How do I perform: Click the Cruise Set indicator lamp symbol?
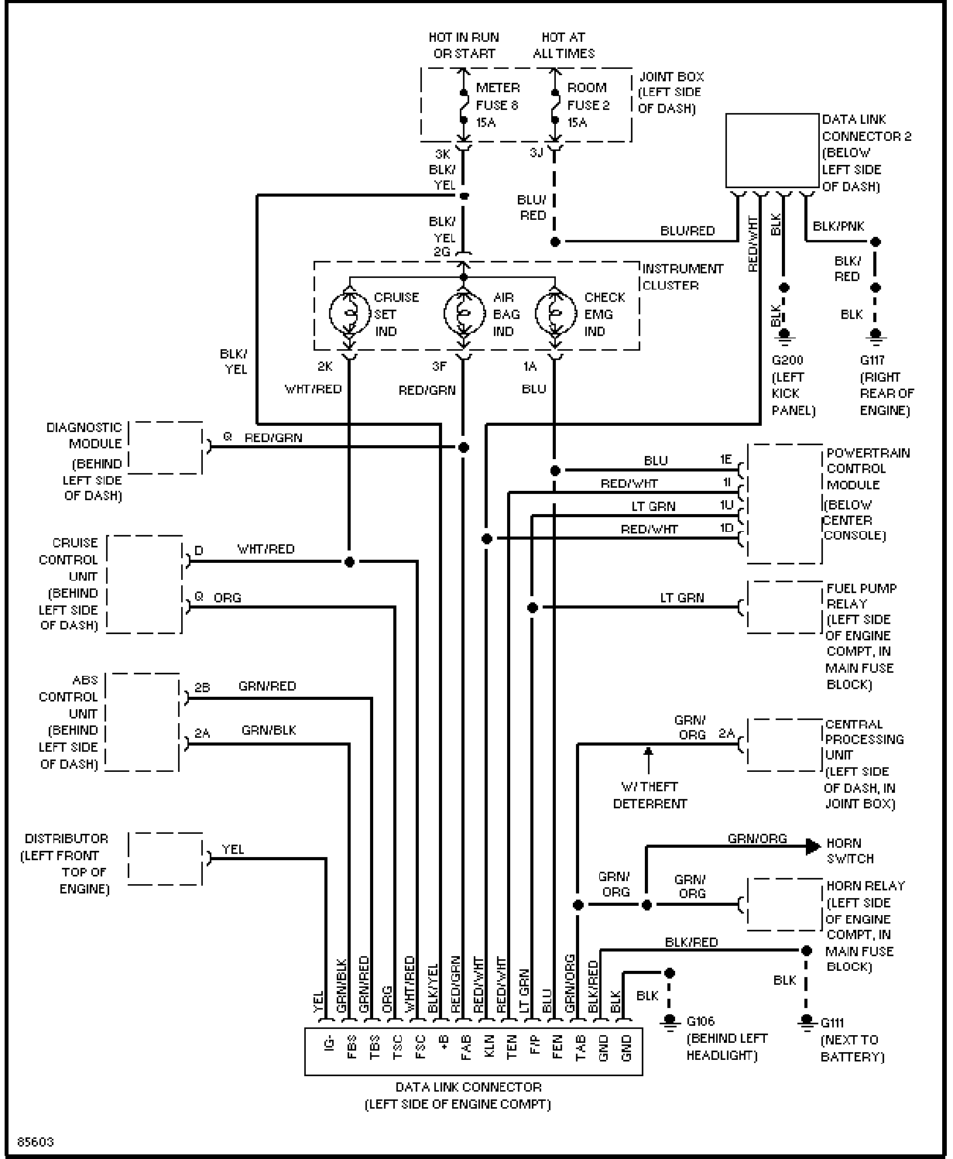[350, 314]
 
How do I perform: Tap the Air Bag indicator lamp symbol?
[465, 314]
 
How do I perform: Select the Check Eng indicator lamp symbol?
[556, 314]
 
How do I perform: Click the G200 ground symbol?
[784, 334]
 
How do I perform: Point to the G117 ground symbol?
[876, 334]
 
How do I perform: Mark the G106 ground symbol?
[670, 1021]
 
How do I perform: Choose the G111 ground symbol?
[806, 1021]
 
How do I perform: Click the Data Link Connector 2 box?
[772, 150]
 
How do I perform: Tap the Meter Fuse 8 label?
[497, 105]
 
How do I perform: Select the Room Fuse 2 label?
[588, 105]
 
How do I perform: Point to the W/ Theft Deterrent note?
[650, 795]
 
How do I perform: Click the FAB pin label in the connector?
[466, 1047]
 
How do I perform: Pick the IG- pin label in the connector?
[329, 1043]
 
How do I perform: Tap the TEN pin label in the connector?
[512, 1046]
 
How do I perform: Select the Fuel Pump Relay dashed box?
[784, 607]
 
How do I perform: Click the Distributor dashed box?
[166, 859]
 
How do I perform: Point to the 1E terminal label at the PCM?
[726, 459]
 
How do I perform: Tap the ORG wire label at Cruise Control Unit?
[227, 598]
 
